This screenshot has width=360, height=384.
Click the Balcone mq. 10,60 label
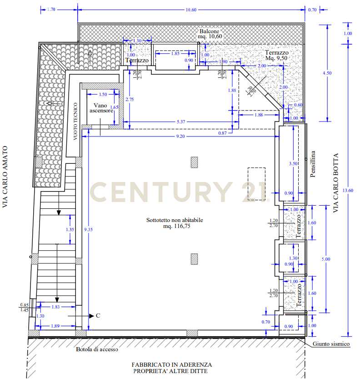pyautogui.click(x=210, y=34)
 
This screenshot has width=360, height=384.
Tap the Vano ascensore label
pyautogui.click(x=101, y=108)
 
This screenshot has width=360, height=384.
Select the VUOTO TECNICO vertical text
pyautogui.click(x=75, y=121)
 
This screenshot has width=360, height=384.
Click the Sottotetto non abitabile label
pyautogui.click(x=175, y=220)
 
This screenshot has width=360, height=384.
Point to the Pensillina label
pyautogui.click(x=313, y=164)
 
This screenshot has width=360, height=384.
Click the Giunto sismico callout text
pyautogui.click(x=331, y=344)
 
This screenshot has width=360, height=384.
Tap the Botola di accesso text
pyautogui.click(x=97, y=349)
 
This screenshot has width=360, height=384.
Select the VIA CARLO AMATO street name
pyautogui.click(x=5, y=177)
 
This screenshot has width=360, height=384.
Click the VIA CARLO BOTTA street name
pyautogui.click(x=336, y=183)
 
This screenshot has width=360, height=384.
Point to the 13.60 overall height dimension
pyautogui.click(x=348, y=190)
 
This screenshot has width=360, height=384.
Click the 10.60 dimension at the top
pyautogui.click(x=191, y=10)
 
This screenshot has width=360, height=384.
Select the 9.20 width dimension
pyautogui.click(x=180, y=136)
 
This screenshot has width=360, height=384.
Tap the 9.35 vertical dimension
pyautogui.click(x=88, y=229)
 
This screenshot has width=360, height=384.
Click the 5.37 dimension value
pyautogui.click(x=181, y=122)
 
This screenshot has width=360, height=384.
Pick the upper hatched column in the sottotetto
pyautogui.click(x=194, y=162)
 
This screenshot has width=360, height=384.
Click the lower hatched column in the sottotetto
pyautogui.click(x=194, y=259)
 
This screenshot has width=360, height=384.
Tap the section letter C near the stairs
pyautogui.click(x=98, y=315)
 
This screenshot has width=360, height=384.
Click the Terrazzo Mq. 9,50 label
pyautogui.click(x=277, y=55)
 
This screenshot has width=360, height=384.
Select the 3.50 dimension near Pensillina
pyautogui.click(x=293, y=163)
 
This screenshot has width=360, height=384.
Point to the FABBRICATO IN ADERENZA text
pyautogui.click(x=172, y=364)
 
